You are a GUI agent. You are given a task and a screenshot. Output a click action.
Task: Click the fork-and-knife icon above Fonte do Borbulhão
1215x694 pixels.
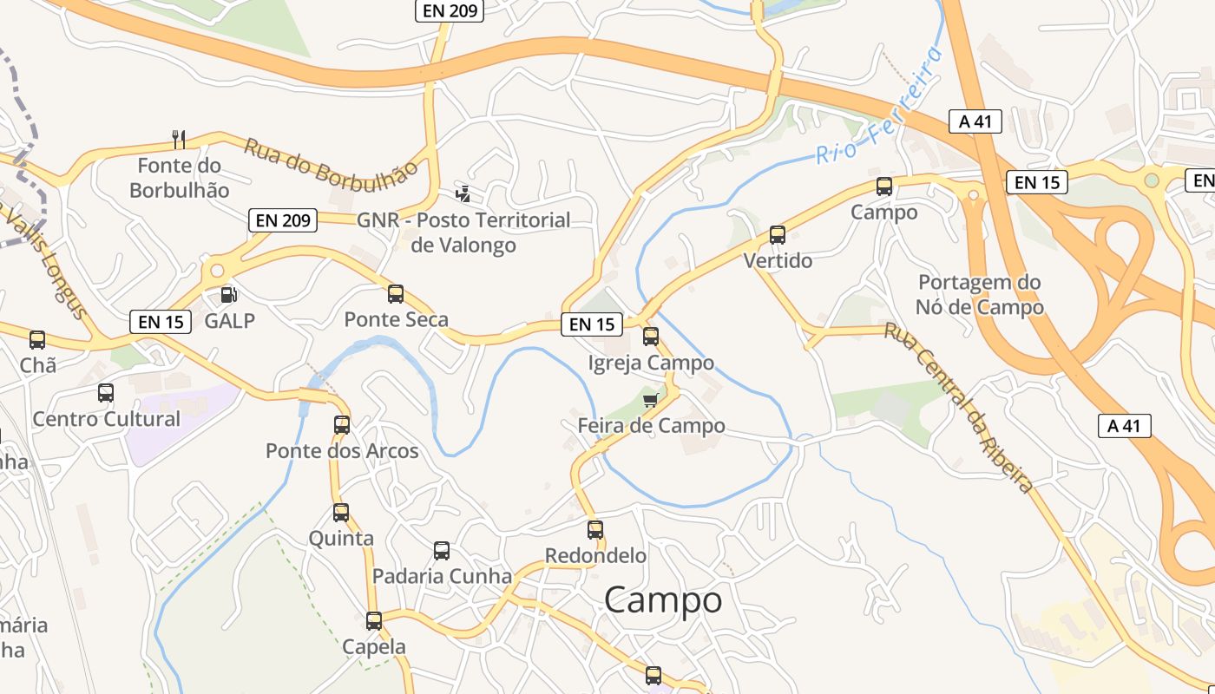pyautogui.click(x=179, y=139)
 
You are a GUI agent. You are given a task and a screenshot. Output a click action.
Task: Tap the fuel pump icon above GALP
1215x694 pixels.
pyautogui.click(x=229, y=295)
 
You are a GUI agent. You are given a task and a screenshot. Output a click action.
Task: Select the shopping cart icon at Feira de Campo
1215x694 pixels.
pyautogui.click(x=651, y=400)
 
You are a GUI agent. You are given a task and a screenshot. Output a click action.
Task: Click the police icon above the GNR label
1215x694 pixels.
pyautogui.click(x=463, y=193)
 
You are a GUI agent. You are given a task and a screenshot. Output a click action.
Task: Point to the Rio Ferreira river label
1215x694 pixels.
pyautogui.click(x=878, y=107)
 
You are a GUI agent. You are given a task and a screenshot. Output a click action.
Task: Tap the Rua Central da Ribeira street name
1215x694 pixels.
pyautogui.click(x=959, y=408)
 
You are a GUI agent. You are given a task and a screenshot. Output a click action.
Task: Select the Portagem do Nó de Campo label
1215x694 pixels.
pyautogui.click(x=980, y=295)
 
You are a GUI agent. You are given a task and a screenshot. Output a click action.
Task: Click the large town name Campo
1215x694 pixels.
pyautogui.click(x=663, y=599)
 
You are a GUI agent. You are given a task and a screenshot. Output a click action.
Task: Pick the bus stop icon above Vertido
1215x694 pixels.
pyautogui.click(x=778, y=234)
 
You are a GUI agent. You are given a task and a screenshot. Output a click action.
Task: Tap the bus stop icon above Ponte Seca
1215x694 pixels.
pyautogui.click(x=396, y=293)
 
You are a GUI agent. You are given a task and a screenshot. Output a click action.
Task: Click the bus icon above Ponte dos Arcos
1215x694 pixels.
pyautogui.click(x=342, y=424)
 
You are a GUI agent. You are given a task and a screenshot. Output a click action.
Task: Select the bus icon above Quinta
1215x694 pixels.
pyautogui.click(x=341, y=512)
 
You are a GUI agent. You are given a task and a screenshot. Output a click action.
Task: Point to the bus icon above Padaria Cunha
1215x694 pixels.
pyautogui.click(x=442, y=550)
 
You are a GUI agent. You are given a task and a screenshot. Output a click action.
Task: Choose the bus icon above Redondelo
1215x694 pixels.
pyautogui.click(x=595, y=529)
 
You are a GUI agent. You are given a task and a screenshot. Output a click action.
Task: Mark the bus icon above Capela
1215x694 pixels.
pyautogui.click(x=374, y=620)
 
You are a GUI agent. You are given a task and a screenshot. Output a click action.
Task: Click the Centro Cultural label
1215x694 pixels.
pyautogui.click(x=107, y=419)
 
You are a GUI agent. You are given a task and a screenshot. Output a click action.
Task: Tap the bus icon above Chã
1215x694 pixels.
pyautogui.click(x=37, y=339)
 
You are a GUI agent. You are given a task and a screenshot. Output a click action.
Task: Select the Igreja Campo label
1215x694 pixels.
pyautogui.click(x=651, y=363)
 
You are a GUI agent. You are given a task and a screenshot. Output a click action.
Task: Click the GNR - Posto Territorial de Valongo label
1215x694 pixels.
pyautogui.click(x=463, y=232)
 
